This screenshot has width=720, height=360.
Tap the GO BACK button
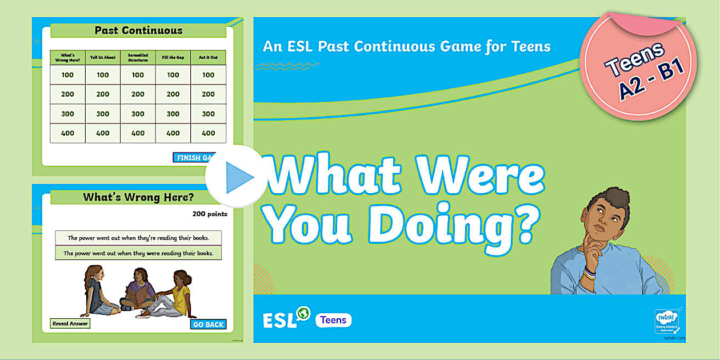coord(208,325)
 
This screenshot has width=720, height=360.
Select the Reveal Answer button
coord(70,323)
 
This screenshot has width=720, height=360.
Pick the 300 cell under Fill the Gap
coord(173,114)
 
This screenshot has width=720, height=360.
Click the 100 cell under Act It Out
coord(208,75)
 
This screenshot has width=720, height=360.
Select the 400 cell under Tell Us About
coord(102,133)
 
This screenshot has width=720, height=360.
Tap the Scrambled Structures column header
coord(138,58)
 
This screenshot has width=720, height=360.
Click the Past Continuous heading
coord(138,31)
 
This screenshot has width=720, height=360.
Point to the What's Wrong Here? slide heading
coord(138,198)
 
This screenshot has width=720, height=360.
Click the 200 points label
coord(210,214)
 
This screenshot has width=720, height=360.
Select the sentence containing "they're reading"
coord(138,238)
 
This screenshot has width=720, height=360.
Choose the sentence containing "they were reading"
coord(138,253)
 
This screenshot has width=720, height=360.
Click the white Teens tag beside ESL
coord(333,320)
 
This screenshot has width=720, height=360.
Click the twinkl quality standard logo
coord(666,321)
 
